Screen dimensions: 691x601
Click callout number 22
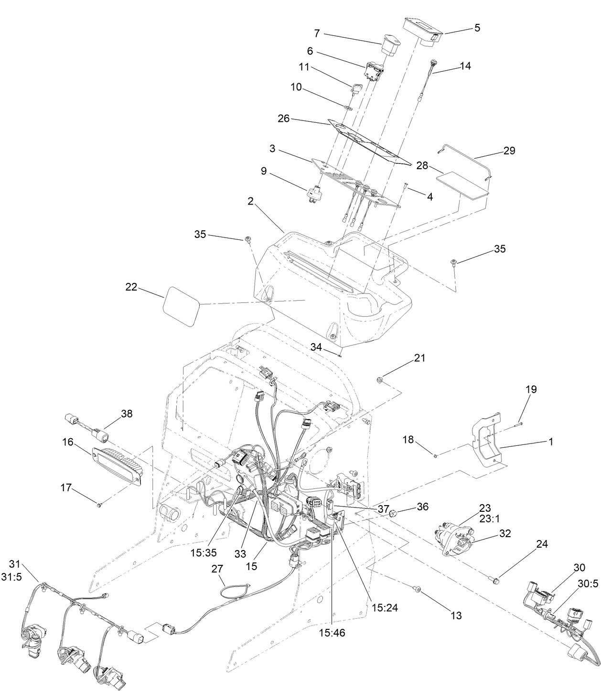(x=131, y=287)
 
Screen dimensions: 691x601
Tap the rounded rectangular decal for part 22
(x=181, y=306)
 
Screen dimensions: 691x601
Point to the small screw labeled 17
(x=99, y=505)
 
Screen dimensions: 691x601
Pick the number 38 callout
(x=127, y=414)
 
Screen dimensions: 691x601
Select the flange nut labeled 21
(x=379, y=380)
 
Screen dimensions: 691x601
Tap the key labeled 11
(x=356, y=89)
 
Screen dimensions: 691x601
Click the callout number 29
(x=509, y=151)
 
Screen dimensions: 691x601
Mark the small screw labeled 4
(x=405, y=187)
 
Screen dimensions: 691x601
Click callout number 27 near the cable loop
(x=217, y=569)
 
